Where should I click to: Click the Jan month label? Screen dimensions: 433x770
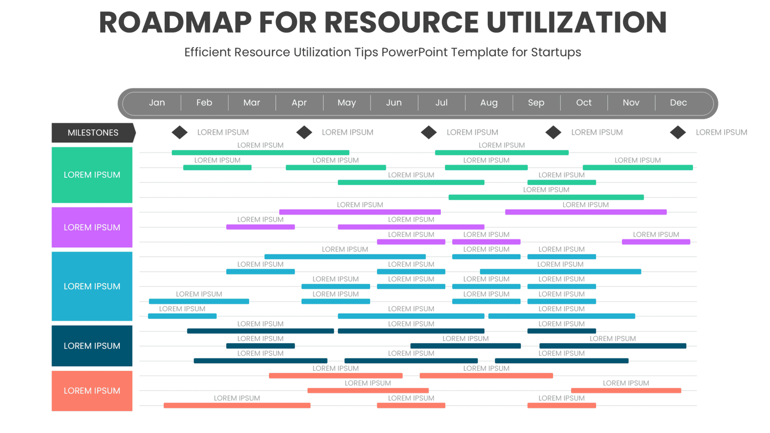tap(157, 102)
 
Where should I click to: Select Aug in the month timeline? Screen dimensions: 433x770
tap(488, 102)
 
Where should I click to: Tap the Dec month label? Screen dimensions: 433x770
tap(678, 102)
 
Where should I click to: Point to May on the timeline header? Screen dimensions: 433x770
tap(346, 102)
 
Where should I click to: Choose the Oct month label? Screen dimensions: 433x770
tap(583, 102)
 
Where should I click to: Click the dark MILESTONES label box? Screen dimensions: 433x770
tap(93, 133)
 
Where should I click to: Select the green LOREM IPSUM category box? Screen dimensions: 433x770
tap(92, 175)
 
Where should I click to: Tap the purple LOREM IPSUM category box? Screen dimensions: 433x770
tap(92, 227)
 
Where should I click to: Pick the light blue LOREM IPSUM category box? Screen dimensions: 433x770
tap(92, 286)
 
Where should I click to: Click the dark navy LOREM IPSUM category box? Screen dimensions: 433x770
tap(92, 346)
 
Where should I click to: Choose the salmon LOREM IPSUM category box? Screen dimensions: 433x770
tap(92, 391)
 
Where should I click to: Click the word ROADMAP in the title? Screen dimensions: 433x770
tap(175, 23)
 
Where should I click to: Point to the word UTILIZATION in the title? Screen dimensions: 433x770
tap(577, 23)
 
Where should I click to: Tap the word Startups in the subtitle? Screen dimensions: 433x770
tap(556, 52)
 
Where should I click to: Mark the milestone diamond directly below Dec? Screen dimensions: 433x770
tap(678, 132)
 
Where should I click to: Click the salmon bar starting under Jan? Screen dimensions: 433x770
tap(237, 406)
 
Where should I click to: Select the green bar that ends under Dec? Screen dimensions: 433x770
tap(638, 167)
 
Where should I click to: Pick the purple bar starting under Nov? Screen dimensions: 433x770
tap(655, 242)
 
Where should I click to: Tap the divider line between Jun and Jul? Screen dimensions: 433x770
tap(418, 102)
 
